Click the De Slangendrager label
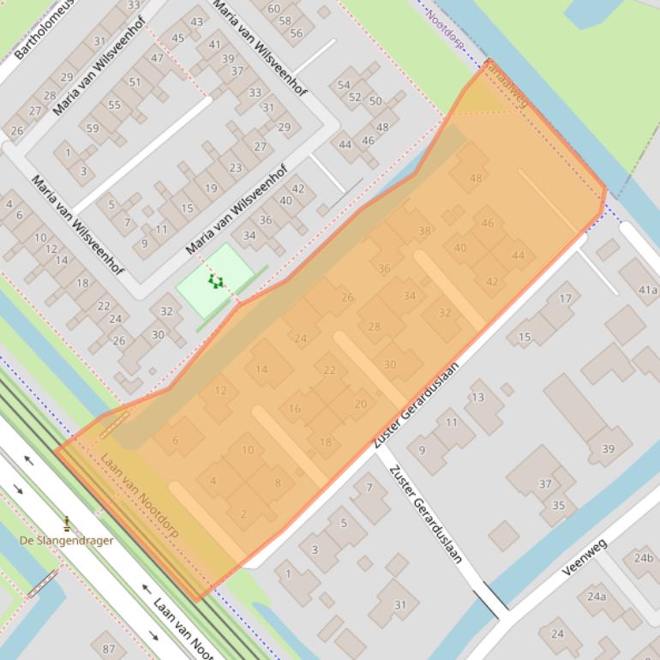click(67, 540)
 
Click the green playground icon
click(216, 281)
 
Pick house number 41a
click(647, 290)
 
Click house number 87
click(108, 649)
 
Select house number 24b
click(644, 558)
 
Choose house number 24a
click(597, 597)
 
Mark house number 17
click(565, 298)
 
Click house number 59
click(92, 129)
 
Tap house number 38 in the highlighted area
click(424, 231)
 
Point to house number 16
click(295, 409)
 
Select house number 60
click(273, 9)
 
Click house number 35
click(558, 506)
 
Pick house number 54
click(344, 85)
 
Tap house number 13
click(477, 397)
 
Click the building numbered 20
click(360, 405)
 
